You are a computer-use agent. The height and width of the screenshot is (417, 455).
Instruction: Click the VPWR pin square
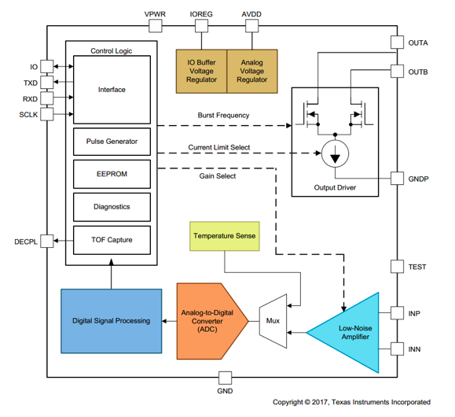click(x=156, y=26)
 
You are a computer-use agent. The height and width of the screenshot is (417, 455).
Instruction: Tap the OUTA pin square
click(x=397, y=42)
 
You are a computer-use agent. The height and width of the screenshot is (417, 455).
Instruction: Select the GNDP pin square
click(x=397, y=178)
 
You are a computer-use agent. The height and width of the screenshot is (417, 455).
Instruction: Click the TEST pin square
click(x=397, y=267)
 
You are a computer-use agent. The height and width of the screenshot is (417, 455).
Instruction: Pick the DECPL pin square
click(x=46, y=242)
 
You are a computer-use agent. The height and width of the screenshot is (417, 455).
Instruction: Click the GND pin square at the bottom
click(x=225, y=378)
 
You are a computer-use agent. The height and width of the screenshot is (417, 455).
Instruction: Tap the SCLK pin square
click(x=46, y=114)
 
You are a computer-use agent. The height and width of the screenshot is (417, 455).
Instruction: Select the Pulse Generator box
click(x=112, y=142)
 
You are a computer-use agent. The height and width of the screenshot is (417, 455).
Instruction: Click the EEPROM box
click(x=112, y=174)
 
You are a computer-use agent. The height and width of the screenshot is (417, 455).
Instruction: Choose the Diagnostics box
click(x=112, y=207)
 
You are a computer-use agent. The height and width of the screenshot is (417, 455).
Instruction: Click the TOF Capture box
click(x=112, y=240)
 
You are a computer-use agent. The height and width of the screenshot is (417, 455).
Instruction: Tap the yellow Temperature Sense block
click(x=225, y=236)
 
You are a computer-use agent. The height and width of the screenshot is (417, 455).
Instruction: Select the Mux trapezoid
click(x=273, y=321)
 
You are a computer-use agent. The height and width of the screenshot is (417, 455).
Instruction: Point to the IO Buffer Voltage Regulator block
click(x=201, y=71)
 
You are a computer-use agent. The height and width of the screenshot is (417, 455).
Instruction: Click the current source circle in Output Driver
click(x=335, y=153)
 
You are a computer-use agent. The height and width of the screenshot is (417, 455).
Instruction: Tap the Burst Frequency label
click(x=223, y=116)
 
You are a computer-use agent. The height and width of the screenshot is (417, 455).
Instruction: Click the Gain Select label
click(x=218, y=175)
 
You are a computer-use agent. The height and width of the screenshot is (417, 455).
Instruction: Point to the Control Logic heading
click(x=111, y=51)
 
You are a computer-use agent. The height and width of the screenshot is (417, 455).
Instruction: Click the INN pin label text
click(x=414, y=349)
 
